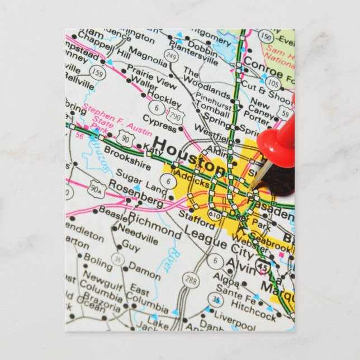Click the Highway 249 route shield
(171, 56)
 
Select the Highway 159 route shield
(98, 73)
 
